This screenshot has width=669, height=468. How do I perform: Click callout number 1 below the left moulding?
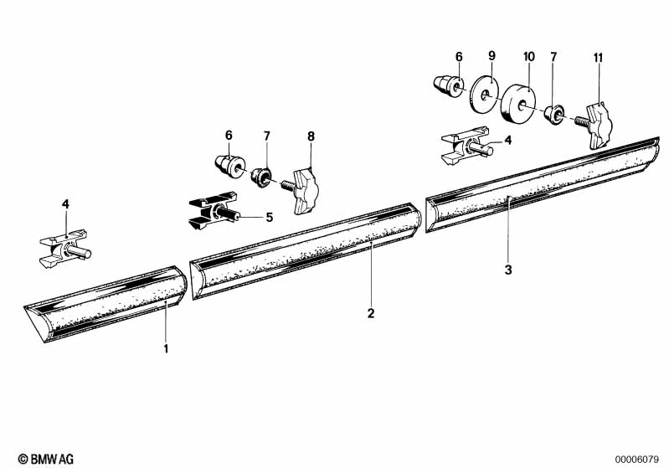pos(166,348)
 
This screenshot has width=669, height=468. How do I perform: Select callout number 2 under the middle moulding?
pos(371,313)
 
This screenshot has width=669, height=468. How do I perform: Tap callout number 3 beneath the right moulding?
pos(507,270)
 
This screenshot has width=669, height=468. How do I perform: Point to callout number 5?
pos(270,217)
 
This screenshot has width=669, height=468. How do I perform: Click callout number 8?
pos(311,136)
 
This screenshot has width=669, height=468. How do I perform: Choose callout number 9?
pos(492,55)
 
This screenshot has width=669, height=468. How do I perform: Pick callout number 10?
pos(528,56)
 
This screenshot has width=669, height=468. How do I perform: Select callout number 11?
pos(598,58)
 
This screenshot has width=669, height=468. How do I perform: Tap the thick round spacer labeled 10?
pos(518,103)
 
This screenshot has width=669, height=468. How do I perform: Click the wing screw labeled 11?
pos(594,126)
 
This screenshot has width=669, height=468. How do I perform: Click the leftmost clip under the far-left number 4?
pos(64,249)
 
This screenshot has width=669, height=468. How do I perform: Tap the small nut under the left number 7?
pos(260,177)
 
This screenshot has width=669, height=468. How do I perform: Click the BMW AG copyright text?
pos(46,459)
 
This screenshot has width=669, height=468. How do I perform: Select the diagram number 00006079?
pos(636,460)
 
